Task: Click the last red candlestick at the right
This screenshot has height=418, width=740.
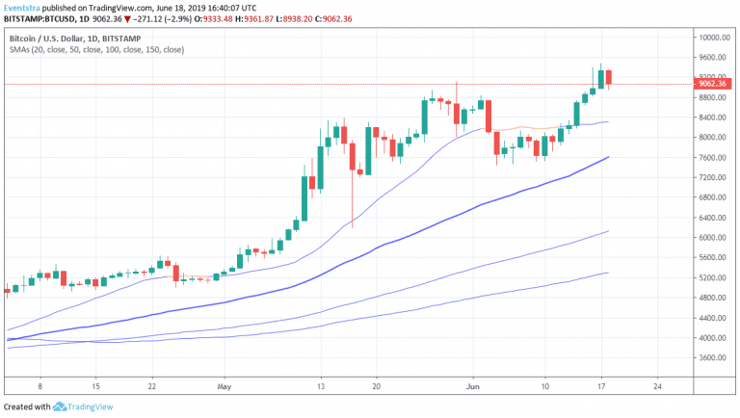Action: [x=609, y=78]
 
